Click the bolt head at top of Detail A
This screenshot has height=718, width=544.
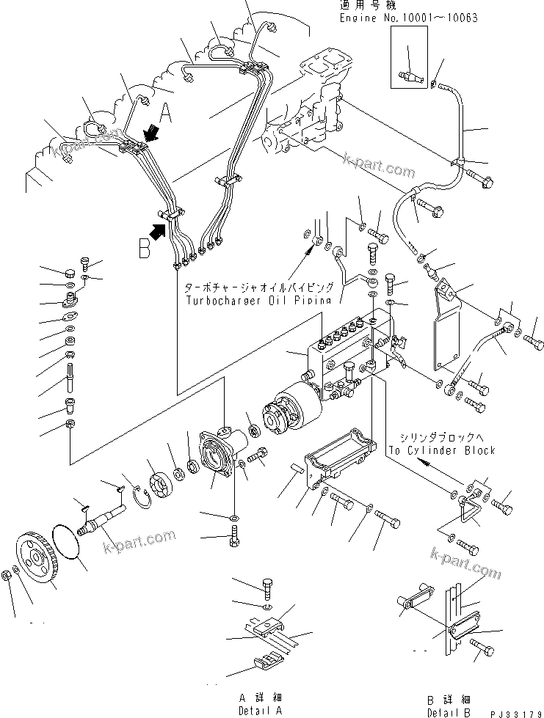coord(267,585)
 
